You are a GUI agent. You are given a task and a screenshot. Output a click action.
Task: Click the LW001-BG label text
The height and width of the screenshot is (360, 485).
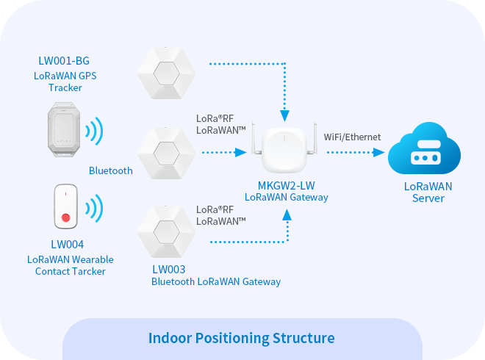66,60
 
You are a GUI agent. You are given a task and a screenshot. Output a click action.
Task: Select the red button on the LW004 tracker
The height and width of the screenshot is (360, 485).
67,217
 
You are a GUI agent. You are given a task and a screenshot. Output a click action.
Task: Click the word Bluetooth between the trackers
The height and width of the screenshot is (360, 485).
111,170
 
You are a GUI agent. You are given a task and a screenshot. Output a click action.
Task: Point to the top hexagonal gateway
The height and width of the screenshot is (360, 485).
167,72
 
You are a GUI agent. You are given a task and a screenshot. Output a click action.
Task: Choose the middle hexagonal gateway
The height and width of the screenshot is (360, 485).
167,153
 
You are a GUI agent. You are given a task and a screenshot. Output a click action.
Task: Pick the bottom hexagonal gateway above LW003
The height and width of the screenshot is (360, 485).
167,232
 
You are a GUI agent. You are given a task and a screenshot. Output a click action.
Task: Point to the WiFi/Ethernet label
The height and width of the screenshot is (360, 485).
353,137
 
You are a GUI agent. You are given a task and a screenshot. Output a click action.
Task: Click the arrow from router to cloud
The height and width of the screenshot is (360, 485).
356,153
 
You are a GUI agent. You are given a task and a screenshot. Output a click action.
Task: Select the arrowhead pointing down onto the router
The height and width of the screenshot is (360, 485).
283,115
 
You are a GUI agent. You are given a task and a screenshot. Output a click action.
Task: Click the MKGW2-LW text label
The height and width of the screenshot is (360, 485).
285,185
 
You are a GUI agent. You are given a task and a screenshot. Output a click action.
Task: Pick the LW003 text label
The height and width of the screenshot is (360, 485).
168,269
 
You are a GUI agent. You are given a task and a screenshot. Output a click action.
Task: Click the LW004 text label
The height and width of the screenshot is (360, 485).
67,245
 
